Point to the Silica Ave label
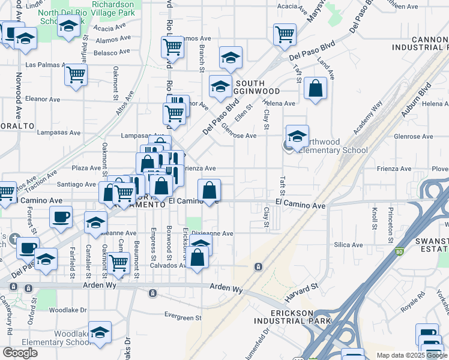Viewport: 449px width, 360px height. [x=348, y=245]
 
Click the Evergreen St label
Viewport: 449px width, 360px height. [x=182, y=317]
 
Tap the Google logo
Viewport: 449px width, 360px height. [x=20, y=353]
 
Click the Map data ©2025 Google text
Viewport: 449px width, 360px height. [x=411, y=355]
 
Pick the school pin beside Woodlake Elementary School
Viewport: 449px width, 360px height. [x=100, y=332]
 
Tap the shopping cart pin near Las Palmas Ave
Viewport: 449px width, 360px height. [x=76, y=74]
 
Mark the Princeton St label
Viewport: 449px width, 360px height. [x=391, y=219]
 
